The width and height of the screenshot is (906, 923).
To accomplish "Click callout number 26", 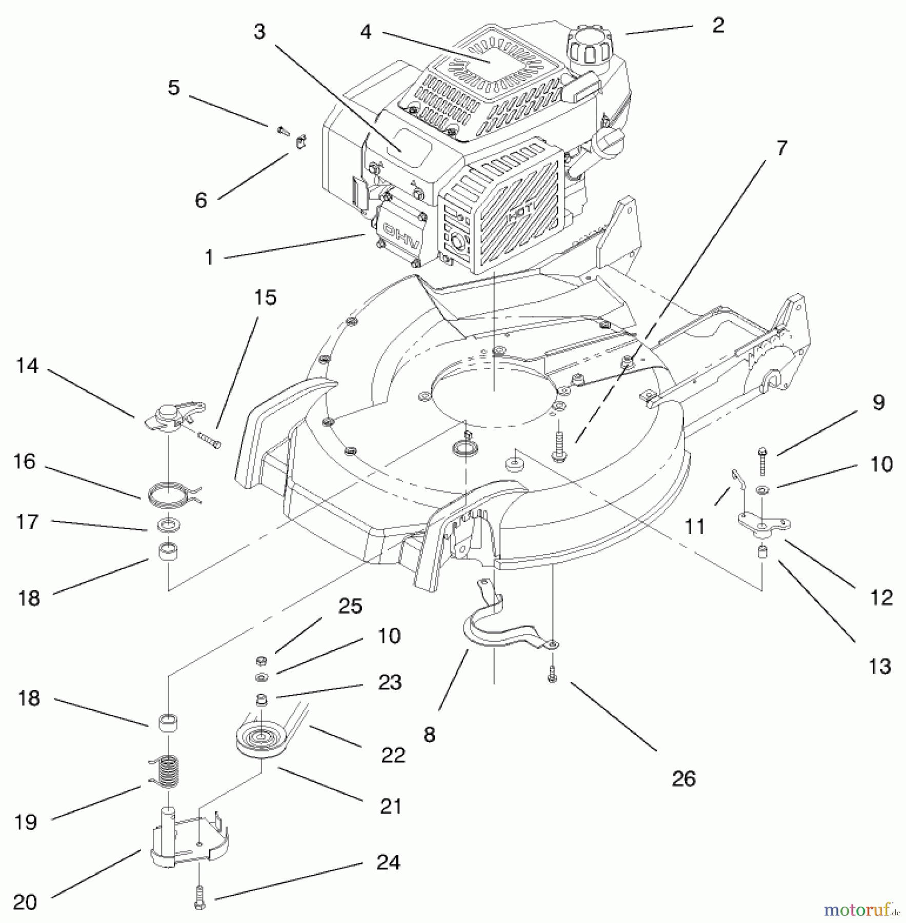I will coord(683,779).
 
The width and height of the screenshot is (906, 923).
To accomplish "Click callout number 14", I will coord(27,366).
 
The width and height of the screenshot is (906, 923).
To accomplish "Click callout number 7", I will coord(781,148).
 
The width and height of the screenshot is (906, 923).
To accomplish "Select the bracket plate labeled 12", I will coord(763,526).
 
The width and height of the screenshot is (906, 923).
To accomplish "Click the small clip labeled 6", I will coord(300,141).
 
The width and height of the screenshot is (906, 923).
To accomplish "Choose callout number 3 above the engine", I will coord(260,32).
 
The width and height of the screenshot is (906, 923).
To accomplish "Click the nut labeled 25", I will coord(261,659).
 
